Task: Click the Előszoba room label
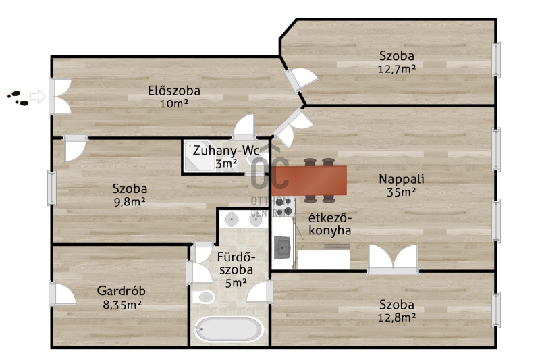[174, 91]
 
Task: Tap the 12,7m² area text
[397, 69]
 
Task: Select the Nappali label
[402, 179]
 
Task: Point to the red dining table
[309, 180]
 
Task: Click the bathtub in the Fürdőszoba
[228, 329]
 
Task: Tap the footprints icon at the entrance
[18, 98]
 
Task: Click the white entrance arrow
[38, 97]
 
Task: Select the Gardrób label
[122, 290]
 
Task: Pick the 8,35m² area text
[122, 305]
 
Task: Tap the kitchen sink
[282, 247]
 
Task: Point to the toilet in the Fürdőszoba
[203, 297]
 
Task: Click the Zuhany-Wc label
[226, 151]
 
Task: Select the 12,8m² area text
[397, 317]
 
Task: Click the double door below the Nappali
[393, 259]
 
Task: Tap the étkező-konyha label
[329, 224]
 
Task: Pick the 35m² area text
[402, 192]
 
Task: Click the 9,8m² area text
[130, 201]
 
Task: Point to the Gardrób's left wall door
[62, 294]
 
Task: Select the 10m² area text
[174, 103]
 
